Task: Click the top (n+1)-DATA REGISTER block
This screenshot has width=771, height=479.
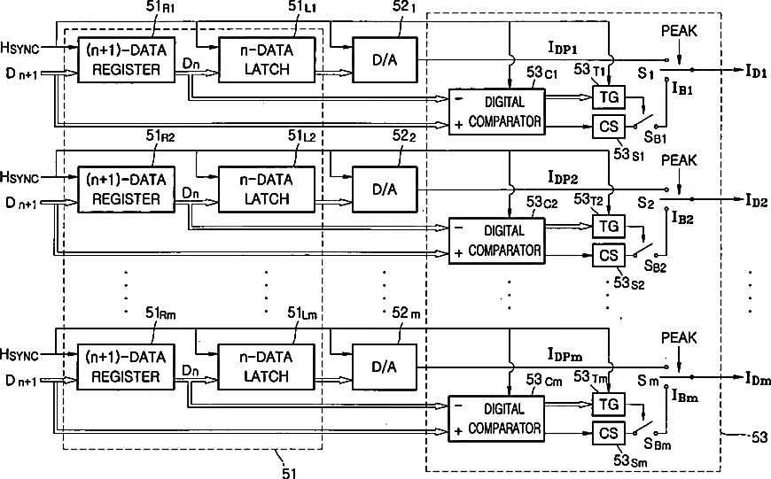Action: (x=127, y=60)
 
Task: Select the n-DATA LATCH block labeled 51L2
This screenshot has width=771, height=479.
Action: (x=267, y=189)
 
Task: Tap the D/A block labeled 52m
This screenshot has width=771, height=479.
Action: (x=385, y=367)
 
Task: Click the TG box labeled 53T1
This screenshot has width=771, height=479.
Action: (x=609, y=97)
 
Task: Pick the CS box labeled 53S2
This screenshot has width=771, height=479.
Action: (x=609, y=256)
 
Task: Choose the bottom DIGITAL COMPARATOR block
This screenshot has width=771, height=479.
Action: (x=496, y=419)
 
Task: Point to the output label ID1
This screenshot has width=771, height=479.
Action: (x=756, y=71)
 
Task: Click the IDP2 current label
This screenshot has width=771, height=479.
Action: (x=563, y=177)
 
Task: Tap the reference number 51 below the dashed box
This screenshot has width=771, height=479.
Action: (x=289, y=473)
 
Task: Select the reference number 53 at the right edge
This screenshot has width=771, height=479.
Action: (x=759, y=437)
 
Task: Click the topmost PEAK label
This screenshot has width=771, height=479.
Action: (x=679, y=31)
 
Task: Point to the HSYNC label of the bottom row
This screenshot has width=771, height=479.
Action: (x=19, y=354)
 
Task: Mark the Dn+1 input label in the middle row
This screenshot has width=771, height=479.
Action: (x=21, y=203)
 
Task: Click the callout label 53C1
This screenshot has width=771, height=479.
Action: (x=541, y=73)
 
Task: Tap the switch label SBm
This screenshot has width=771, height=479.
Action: (x=658, y=444)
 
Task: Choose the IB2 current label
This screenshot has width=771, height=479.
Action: (x=682, y=218)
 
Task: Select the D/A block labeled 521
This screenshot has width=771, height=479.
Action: (x=385, y=60)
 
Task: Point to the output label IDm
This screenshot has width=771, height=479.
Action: (x=757, y=378)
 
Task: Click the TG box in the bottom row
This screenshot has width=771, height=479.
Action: (x=609, y=405)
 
